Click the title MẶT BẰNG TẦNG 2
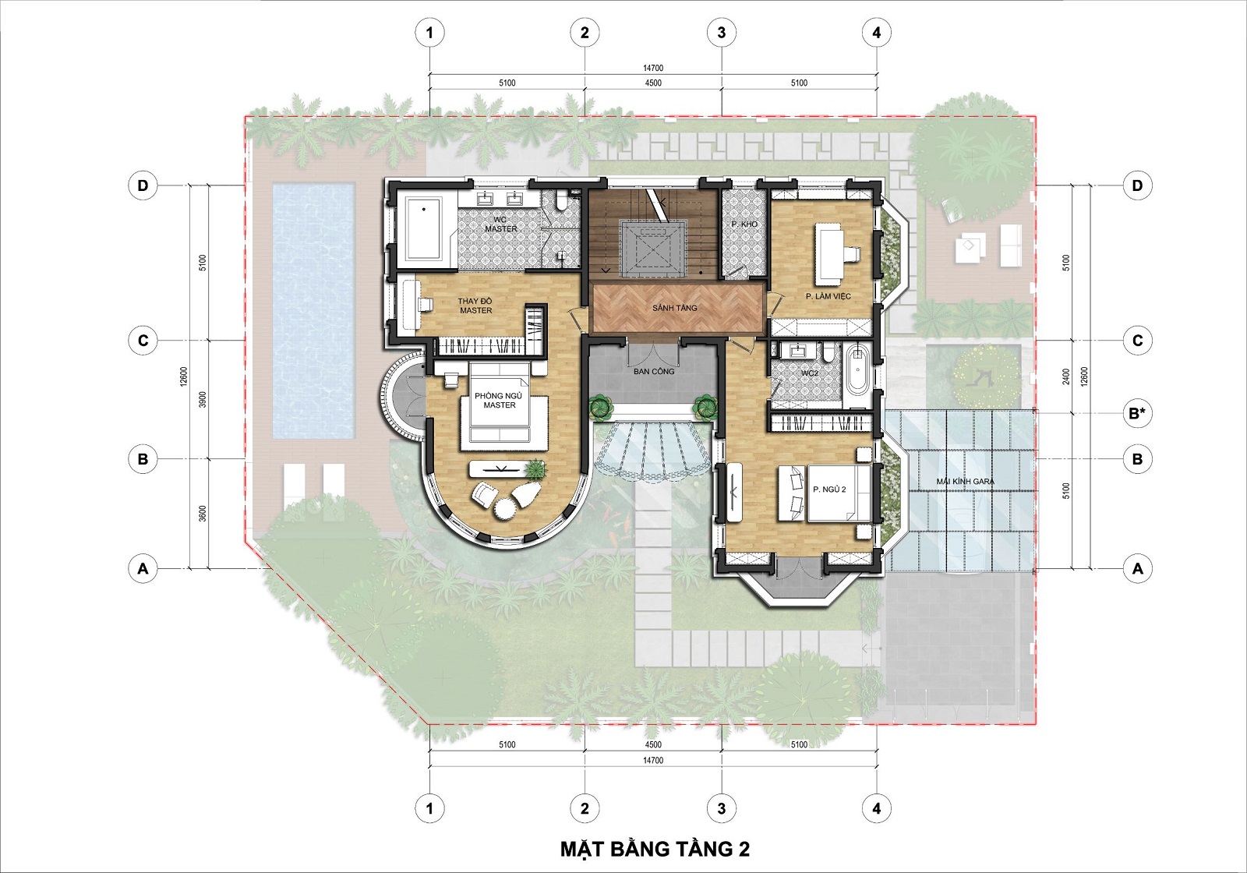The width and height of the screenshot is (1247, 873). [655, 849]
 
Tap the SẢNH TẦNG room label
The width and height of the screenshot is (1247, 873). [675, 308]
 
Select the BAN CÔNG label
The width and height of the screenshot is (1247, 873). [654, 371]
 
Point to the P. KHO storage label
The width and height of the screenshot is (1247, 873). [744, 224]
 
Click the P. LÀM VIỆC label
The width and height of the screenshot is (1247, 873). [828, 296]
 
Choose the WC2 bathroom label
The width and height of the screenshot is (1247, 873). [810, 373]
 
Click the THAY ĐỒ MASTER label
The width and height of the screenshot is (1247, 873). [476, 306]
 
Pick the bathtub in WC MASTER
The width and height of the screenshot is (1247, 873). [423, 228]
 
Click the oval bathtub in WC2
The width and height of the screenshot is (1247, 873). [857, 369]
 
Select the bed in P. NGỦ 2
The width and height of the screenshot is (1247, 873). [829, 493]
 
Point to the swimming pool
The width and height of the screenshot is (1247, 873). [313, 311]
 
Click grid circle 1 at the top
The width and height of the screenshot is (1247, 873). [429, 33]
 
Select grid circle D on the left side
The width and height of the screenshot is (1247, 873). [143, 186]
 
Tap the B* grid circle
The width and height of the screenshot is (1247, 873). [1137, 414]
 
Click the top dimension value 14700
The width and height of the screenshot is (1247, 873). [653, 68]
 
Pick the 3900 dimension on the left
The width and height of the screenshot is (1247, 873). [203, 399]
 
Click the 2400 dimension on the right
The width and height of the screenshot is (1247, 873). [1065, 376]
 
